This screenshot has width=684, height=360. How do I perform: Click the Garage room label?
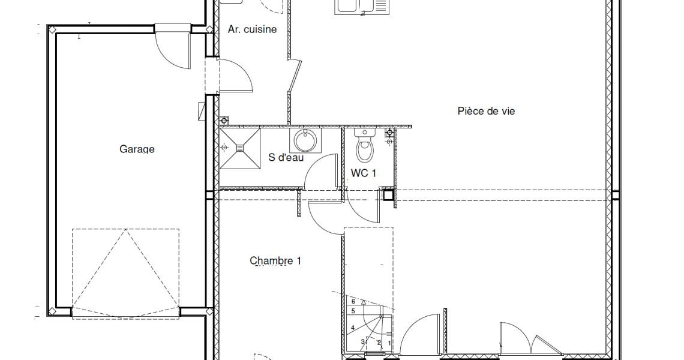coord(137,149)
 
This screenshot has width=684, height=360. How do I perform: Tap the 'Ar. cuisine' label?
coord(252,29)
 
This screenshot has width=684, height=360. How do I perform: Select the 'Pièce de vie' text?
coord(486,111)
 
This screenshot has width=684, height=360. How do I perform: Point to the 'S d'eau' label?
coord(286,158)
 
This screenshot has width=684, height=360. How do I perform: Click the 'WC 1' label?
coord(364,173)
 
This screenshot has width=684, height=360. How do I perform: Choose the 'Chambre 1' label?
coord(275,261)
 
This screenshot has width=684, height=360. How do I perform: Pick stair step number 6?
coord(354,301)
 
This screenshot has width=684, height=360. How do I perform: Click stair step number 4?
coord(353,328)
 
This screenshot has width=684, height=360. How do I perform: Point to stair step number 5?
coord(353,311)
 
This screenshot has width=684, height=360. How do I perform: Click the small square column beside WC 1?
coord(388,194)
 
